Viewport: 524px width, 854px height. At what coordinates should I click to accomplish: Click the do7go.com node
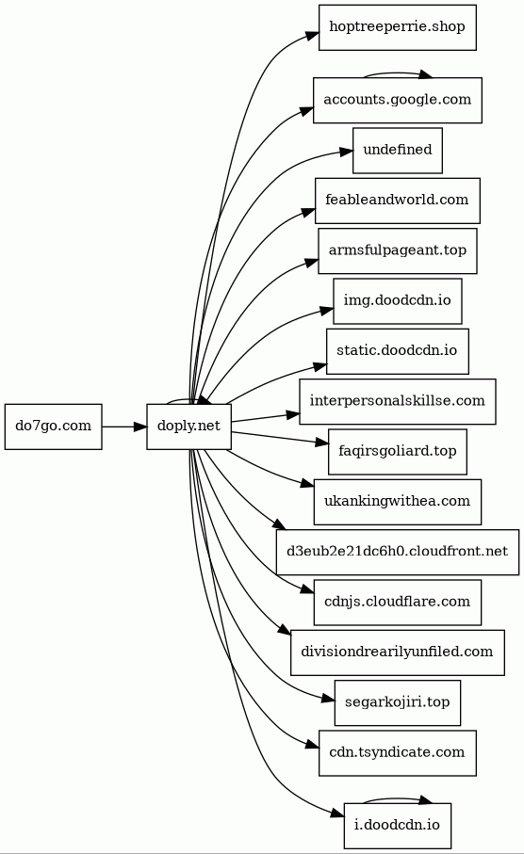(54, 427)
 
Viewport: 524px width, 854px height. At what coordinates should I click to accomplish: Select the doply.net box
(188, 427)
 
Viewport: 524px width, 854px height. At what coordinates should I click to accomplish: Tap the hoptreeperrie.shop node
(398, 28)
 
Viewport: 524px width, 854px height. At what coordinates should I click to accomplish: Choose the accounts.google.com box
(398, 100)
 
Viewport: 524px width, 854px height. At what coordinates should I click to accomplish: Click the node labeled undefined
(398, 151)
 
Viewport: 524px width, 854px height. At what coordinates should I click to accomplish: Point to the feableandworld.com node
(398, 201)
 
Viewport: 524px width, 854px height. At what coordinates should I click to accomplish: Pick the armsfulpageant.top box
(398, 251)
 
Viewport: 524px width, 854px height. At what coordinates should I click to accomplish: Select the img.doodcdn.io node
(398, 301)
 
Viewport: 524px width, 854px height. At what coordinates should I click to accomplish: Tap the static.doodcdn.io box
(398, 351)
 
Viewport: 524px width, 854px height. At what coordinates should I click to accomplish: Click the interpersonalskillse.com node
(398, 401)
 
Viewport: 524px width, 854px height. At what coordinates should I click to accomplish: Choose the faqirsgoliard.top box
(398, 452)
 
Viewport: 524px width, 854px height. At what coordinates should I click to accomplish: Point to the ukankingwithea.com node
(398, 502)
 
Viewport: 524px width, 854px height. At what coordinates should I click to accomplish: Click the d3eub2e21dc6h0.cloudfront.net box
(398, 553)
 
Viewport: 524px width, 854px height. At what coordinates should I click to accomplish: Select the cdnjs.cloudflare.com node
(398, 603)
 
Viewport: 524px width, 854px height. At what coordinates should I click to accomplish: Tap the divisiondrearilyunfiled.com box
(398, 653)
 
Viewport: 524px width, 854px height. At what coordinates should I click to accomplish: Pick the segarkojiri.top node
(398, 702)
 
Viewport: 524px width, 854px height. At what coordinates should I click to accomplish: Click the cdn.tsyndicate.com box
(398, 753)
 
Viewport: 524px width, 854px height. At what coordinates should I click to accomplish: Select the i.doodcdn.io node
(398, 826)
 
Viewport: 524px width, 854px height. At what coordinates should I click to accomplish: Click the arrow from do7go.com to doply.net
(124, 427)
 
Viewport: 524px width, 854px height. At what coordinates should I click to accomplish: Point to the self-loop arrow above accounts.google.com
(399, 73)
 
